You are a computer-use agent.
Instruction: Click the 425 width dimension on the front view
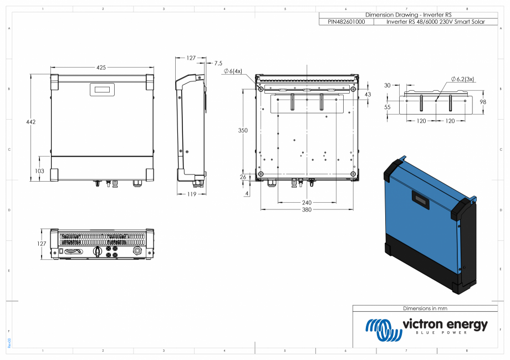click(x=101, y=68)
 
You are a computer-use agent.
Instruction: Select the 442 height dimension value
click(x=31, y=122)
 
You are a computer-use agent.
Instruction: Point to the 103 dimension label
click(x=39, y=171)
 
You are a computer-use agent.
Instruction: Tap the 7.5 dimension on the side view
click(x=218, y=63)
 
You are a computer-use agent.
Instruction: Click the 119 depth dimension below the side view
click(x=191, y=194)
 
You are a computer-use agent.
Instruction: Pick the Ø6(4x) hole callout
click(x=233, y=71)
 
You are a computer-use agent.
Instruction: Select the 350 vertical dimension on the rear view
click(x=243, y=130)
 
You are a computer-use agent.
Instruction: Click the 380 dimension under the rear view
click(x=307, y=210)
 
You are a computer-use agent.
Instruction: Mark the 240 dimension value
click(x=307, y=203)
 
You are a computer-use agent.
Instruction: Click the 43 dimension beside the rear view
click(x=368, y=95)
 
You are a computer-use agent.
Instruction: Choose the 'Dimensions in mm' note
click(x=425, y=308)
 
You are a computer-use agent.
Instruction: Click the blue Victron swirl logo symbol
click(x=382, y=328)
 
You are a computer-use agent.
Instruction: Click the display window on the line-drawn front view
click(x=103, y=89)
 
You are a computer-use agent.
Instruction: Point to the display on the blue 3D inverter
click(x=419, y=200)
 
